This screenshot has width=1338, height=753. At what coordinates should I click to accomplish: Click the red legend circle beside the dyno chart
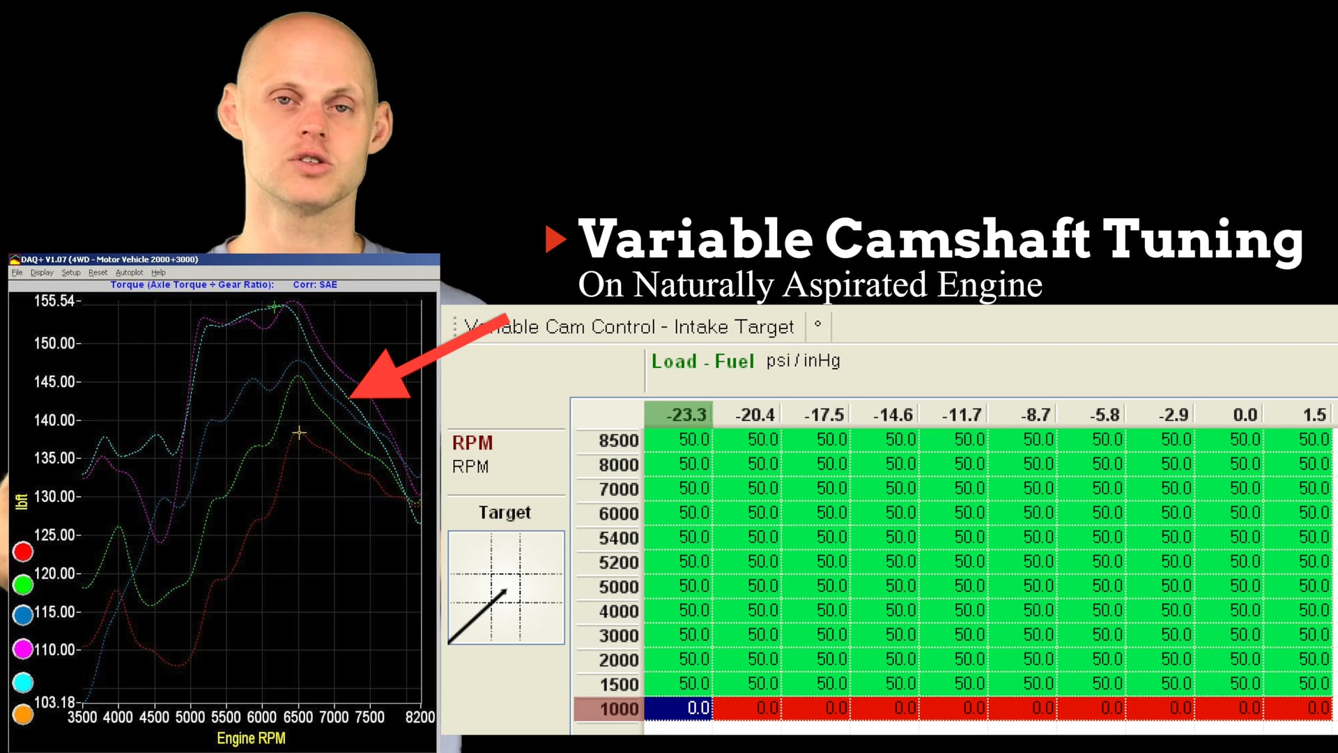23,552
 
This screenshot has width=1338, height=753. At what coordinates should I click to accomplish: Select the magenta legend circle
23,649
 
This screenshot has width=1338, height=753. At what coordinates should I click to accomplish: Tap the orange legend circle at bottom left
23,714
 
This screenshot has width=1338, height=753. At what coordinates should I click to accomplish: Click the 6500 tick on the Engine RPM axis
298,717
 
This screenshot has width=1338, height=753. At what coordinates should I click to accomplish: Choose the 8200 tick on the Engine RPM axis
420,717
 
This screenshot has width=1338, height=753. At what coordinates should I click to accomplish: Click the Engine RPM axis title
251,738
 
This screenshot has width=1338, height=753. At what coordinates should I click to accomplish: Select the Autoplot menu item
129,273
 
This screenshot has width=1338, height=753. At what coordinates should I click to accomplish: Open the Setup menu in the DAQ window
70,273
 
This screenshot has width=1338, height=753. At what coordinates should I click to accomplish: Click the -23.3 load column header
686,416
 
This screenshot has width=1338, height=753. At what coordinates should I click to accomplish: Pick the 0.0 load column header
1245,416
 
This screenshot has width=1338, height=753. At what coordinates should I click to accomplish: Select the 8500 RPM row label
618,441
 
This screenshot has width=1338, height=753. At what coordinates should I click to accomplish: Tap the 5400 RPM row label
618,538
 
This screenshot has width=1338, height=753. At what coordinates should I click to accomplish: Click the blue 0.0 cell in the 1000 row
678,708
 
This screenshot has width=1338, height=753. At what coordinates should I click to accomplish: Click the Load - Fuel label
702,361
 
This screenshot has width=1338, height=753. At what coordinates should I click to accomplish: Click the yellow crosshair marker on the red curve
299,433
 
